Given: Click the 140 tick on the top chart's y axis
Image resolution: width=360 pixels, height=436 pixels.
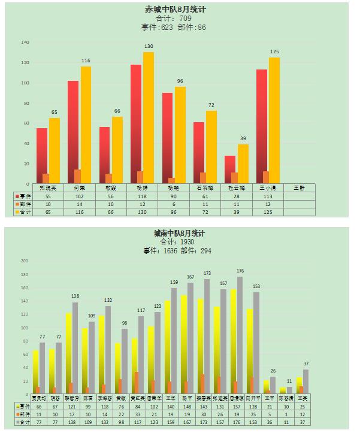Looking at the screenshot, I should [25, 43].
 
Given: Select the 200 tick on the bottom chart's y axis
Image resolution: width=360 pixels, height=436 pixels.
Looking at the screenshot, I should [25, 261].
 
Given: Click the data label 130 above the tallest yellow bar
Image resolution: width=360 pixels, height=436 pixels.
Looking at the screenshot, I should [148, 47].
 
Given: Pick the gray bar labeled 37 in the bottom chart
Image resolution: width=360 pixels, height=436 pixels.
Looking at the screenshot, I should [305, 381].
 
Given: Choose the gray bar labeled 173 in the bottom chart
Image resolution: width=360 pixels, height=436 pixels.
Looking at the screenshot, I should [207, 335].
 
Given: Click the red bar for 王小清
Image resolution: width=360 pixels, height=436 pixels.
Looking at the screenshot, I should [261, 126].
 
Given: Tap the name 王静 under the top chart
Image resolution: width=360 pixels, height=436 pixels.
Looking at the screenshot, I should [299, 188].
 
